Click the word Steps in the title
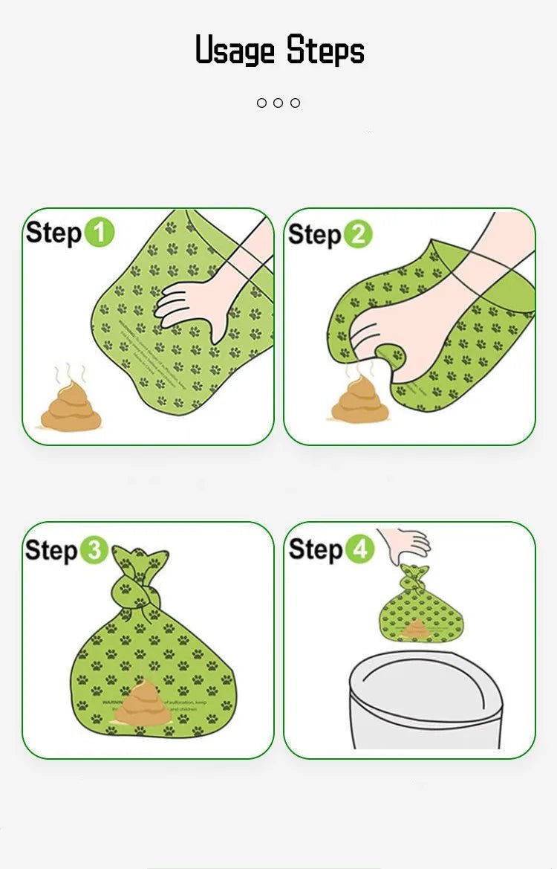click(x=325, y=51)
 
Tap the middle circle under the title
click(x=278, y=103)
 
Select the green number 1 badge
click(x=99, y=233)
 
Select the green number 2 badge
click(x=357, y=234)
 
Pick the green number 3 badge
click(x=94, y=551)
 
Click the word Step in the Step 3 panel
click(x=52, y=551)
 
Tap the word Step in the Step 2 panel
click(x=315, y=234)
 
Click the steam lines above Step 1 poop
click(x=71, y=372)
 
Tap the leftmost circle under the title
click(x=261, y=103)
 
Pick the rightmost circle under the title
click(x=296, y=103)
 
